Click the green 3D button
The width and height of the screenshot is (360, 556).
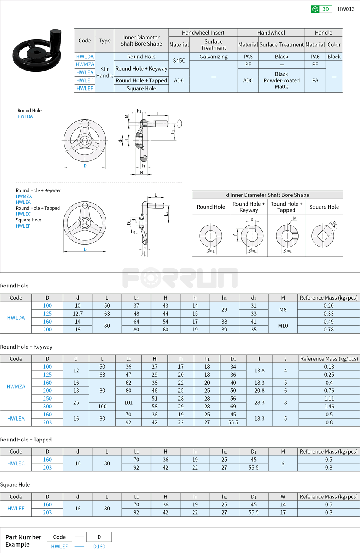pos(321,9)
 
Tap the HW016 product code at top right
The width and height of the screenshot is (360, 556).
pos(346,9)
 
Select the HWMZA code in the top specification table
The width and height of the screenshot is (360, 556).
pos(85,64)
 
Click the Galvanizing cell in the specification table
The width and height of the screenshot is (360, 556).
pos(213,57)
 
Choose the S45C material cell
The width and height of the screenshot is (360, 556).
pos(179,60)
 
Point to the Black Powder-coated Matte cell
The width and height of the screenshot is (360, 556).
pos(282,80)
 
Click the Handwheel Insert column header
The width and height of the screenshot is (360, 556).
pos(203,33)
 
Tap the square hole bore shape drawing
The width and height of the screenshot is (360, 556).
pos(323,236)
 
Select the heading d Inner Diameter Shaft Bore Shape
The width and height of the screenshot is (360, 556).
pos(267,195)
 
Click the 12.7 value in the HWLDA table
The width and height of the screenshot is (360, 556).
pos(78,314)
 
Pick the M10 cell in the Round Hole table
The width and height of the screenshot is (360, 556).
pos(283,325)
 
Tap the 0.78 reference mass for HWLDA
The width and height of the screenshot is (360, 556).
pos(329,330)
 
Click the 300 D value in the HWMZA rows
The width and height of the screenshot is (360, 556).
pos(47,407)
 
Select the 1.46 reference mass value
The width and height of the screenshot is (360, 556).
pos(329,407)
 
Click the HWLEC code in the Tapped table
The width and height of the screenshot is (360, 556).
pos(16,463)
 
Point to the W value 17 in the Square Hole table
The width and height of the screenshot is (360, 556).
pos(283,512)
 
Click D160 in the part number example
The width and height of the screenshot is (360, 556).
pos(99,547)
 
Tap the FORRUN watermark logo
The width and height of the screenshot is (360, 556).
pos(180,278)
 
